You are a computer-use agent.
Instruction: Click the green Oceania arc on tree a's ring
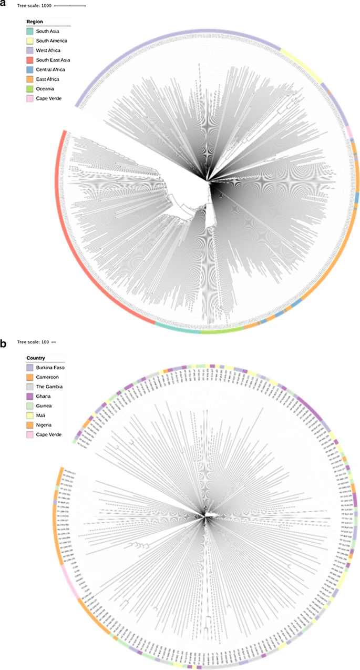221,331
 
